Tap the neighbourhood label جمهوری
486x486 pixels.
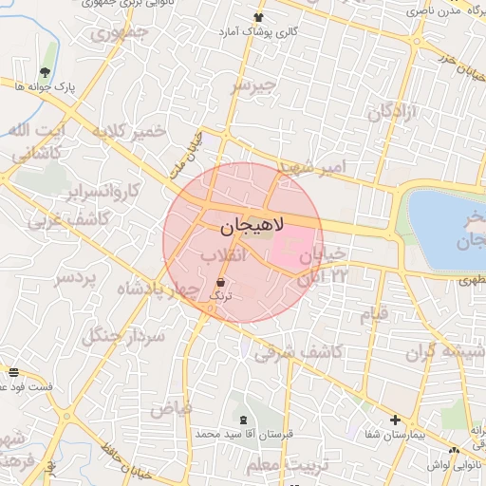[121, 36]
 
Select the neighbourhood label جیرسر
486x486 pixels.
[253, 85]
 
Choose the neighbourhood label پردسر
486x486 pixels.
[75, 278]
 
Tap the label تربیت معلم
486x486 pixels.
[285, 465]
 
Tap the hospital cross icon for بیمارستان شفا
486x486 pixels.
[396, 420]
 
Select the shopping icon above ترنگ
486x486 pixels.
[221, 282]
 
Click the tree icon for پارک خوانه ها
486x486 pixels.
[45, 72]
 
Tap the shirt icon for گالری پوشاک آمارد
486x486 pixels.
[258, 18]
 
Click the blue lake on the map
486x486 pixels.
[446, 228]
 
